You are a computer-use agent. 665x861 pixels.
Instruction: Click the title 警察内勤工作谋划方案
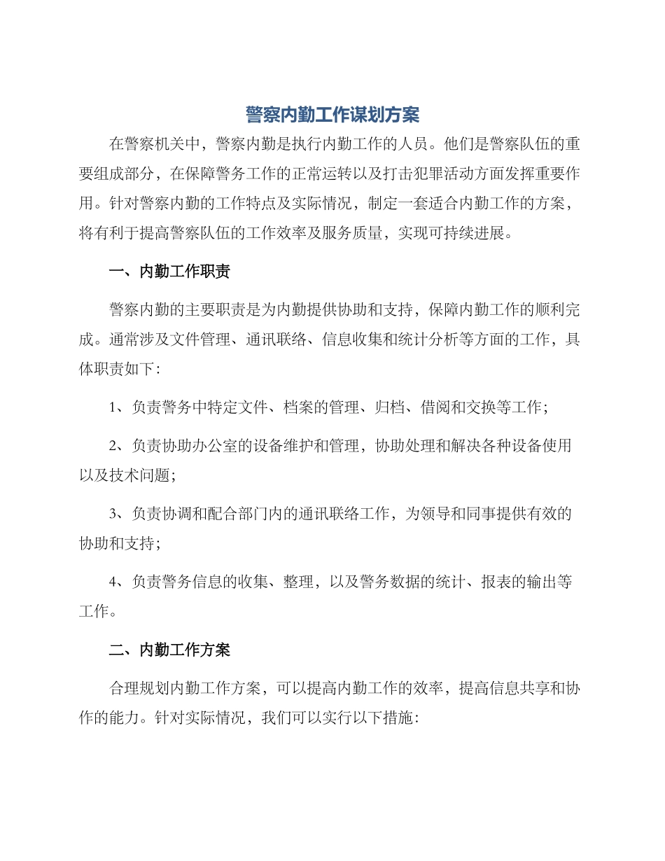tap(332, 114)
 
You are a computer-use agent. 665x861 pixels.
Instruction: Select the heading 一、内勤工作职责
tap(169, 272)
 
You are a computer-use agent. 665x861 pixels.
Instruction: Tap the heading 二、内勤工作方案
tap(169, 650)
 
